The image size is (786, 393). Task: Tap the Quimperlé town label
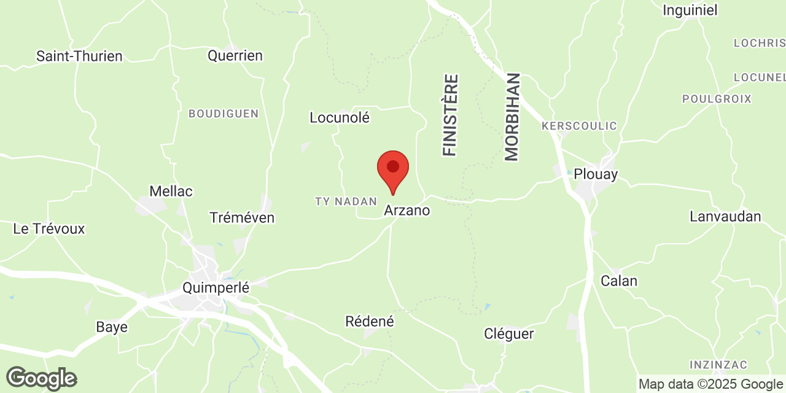tap(216, 287)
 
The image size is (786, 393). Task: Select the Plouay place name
tap(596, 174)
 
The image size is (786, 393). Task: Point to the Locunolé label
tap(340, 117)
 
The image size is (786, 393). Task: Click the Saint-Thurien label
tap(79, 56)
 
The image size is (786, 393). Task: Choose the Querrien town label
tap(235, 56)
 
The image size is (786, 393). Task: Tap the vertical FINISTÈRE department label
tap(450, 115)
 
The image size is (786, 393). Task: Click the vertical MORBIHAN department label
tap(512, 117)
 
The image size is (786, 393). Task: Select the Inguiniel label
tap(690, 10)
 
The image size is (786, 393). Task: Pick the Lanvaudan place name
tap(725, 216)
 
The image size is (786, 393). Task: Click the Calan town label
tap(619, 281)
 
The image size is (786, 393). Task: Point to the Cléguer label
tap(509, 334)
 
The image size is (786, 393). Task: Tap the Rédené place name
tap(370, 321)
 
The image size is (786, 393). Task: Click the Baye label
tap(112, 327)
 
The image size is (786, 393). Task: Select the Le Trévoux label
tap(49, 229)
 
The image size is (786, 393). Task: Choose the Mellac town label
tap(171, 192)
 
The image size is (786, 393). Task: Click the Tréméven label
tap(242, 218)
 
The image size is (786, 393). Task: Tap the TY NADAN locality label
tap(345, 201)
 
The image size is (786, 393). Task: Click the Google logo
tap(41, 378)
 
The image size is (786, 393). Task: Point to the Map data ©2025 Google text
tap(710, 384)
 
